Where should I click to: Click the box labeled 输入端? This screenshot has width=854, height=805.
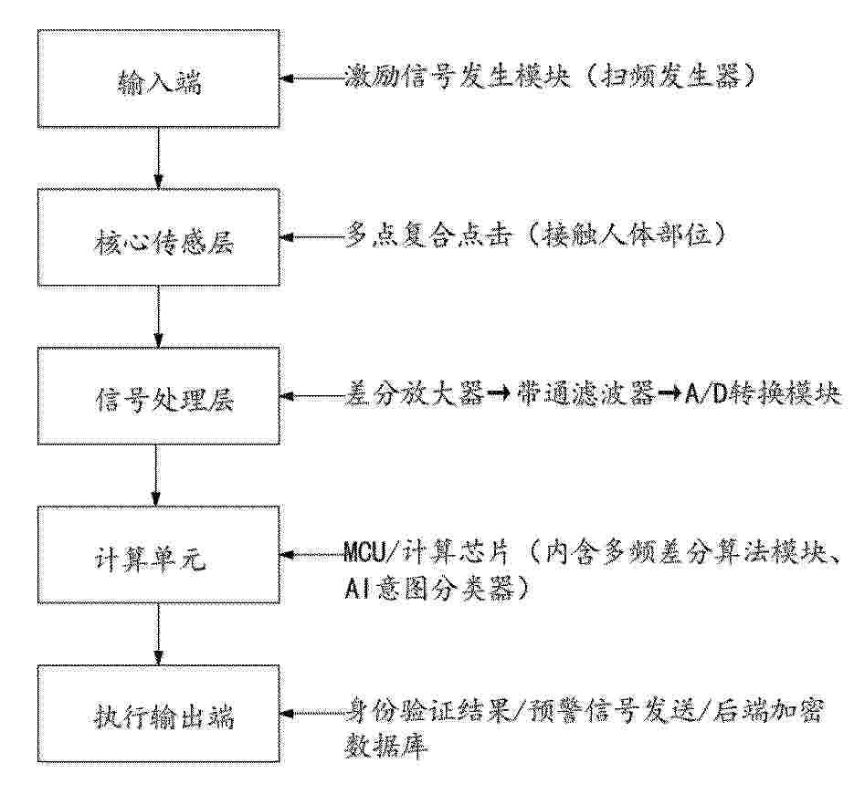[159, 78]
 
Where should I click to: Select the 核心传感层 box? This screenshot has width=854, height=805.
[159, 237]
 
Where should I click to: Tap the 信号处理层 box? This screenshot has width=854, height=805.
[159, 396]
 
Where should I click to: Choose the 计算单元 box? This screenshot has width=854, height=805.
[159, 555]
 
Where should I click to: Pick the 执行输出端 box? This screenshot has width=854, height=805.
[159, 714]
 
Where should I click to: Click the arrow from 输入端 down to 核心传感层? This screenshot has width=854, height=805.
[159, 159]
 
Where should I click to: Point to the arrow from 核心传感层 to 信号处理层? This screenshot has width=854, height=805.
[159, 316]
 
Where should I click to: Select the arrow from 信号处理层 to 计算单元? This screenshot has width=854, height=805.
[156, 476]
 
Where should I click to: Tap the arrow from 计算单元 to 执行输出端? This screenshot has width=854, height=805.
[159, 634]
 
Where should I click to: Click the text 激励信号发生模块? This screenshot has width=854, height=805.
[458, 77]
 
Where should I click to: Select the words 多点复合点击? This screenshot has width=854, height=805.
[429, 236]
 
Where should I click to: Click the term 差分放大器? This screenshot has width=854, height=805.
[415, 394]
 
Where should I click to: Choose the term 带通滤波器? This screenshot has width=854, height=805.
[585, 394]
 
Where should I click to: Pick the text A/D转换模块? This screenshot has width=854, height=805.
[763, 394]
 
